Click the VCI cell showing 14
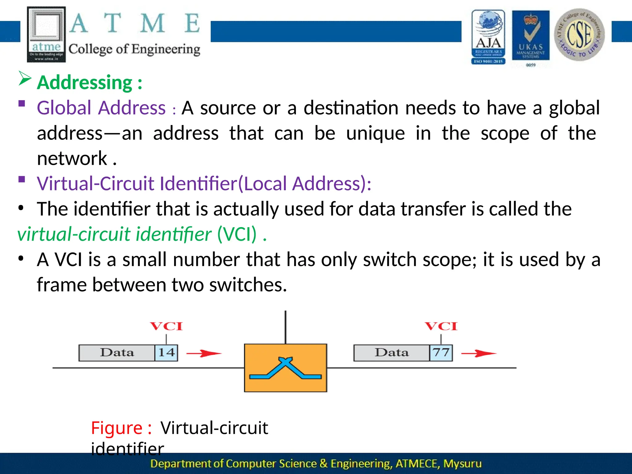166,353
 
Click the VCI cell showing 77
441,353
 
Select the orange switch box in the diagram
285,368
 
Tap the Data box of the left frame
117,353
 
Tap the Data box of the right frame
391,353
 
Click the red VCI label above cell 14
166,326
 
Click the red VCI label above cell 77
441,326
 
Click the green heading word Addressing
85,83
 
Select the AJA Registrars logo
488,37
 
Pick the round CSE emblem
579,35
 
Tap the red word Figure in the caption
117,428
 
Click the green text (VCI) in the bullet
237,234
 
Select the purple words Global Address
101,108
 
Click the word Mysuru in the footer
462,464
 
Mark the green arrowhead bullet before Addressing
25,78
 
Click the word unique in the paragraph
376,133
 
